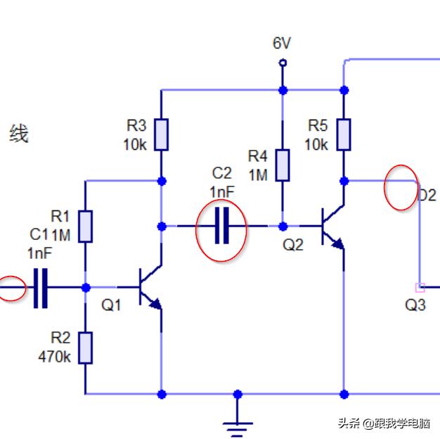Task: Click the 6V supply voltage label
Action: click(x=282, y=44)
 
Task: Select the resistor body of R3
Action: click(x=162, y=135)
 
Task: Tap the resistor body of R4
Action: click(x=283, y=165)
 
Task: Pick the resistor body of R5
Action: click(x=344, y=135)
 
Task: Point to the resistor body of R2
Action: click(x=85, y=348)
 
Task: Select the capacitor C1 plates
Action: click(x=41, y=287)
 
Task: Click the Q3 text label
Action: click(x=415, y=305)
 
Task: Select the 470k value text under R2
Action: click(x=54, y=357)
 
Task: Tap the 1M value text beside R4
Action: click(x=258, y=174)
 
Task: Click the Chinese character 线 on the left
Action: click(x=19, y=134)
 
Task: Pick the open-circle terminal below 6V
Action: click(x=283, y=63)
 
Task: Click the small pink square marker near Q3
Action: click(x=420, y=287)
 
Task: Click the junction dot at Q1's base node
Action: click(x=86, y=287)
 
